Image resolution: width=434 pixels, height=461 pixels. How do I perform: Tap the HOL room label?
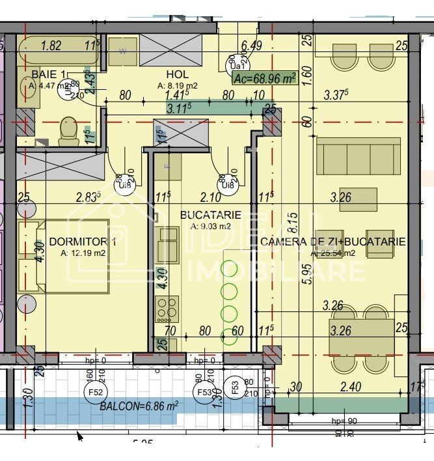click(177, 74)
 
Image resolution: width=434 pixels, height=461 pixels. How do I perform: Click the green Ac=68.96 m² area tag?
click(264, 79)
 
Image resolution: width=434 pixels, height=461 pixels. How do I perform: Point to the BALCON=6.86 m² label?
click(139, 406)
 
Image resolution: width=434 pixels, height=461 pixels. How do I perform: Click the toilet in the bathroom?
click(68, 132)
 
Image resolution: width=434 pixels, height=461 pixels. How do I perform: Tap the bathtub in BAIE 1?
click(57, 47)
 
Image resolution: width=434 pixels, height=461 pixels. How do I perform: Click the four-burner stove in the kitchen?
click(167, 308)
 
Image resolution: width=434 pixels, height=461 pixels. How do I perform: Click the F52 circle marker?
click(95, 392)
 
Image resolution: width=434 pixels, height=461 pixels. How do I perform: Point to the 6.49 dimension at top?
click(251, 45)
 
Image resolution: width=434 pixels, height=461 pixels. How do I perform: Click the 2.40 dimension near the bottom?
click(350, 387)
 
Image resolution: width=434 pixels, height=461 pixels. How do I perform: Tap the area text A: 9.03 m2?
click(211, 227)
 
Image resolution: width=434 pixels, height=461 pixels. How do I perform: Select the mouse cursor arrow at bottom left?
click(80, 436)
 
